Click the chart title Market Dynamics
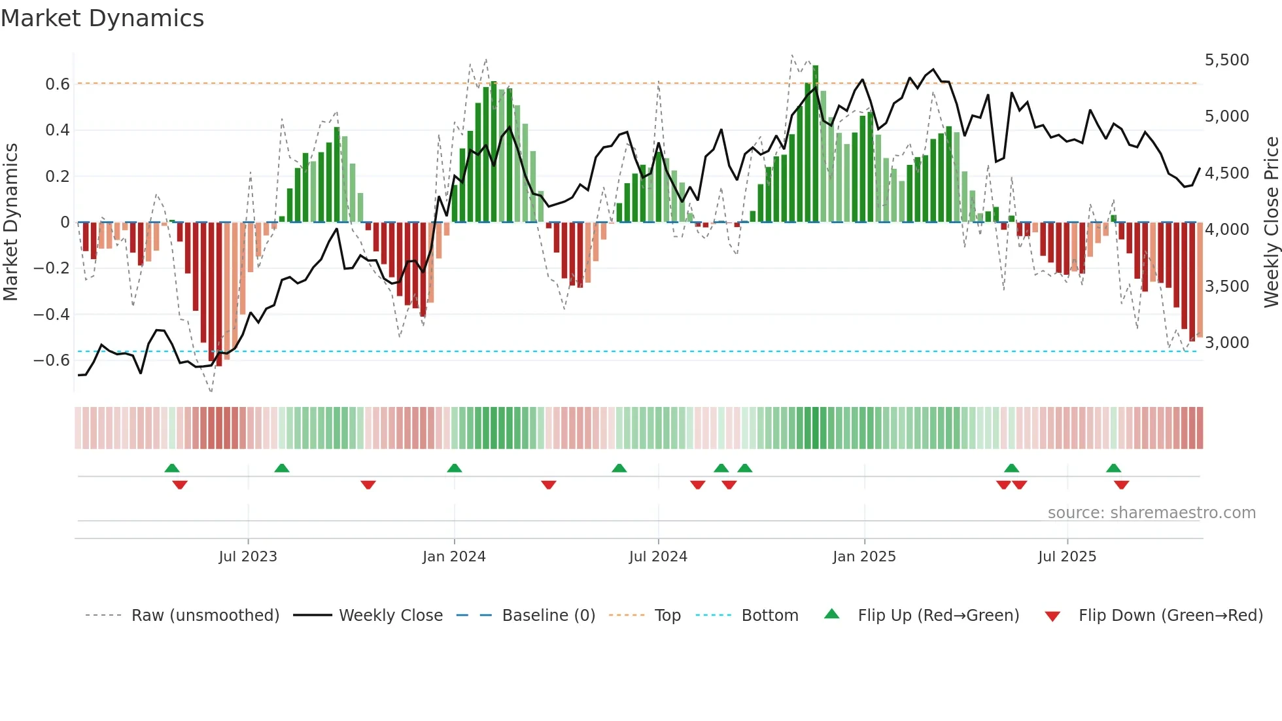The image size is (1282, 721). tap(102, 18)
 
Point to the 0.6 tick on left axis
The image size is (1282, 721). tap(58, 84)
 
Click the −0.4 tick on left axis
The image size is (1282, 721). tap(52, 315)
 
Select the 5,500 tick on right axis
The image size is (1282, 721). tap(1226, 60)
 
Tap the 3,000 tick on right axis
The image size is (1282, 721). tap(1226, 343)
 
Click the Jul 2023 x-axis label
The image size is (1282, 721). tap(248, 557)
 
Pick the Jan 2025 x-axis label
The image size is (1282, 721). tap(864, 557)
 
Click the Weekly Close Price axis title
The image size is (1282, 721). tap(1271, 222)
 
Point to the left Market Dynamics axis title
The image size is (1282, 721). tap(10, 222)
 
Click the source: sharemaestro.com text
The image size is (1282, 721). tap(1151, 513)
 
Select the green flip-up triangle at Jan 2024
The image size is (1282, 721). tap(455, 468)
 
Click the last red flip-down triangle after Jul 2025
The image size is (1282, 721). tap(1121, 485)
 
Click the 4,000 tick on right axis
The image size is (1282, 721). tap(1226, 230)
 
